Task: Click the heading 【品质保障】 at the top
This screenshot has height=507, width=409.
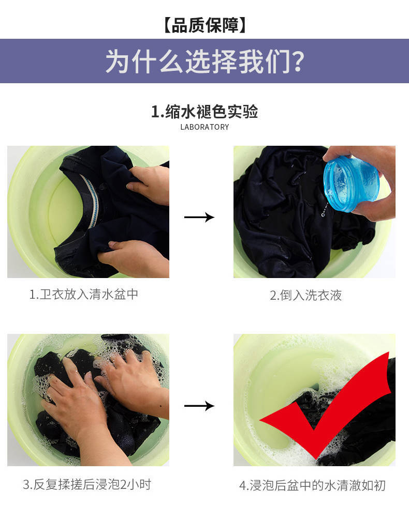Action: click(x=204, y=25)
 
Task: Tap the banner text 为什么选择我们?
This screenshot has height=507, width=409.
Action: click(x=204, y=62)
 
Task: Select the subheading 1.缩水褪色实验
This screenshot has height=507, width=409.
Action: click(x=204, y=112)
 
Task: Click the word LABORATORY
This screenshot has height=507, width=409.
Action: click(x=204, y=127)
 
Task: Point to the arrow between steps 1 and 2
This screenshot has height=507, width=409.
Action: click(x=199, y=217)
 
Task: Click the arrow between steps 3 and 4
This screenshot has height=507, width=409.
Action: click(x=199, y=406)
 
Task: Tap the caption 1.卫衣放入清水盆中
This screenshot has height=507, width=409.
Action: click(x=84, y=294)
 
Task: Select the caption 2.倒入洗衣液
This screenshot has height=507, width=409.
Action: click(x=305, y=295)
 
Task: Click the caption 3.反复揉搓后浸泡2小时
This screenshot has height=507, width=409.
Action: click(x=87, y=484)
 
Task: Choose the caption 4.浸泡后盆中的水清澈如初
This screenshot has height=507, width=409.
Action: click(x=313, y=485)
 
